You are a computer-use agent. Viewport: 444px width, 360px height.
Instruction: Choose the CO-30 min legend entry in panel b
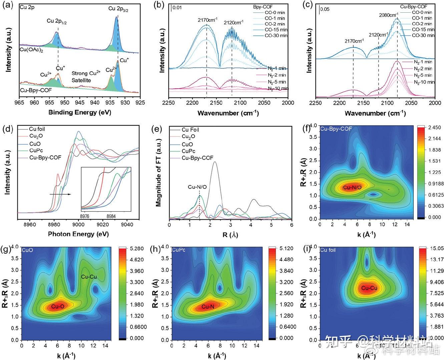pyautogui.click(x=276, y=35)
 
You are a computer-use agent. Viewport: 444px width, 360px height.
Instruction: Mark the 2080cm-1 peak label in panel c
pyautogui.click(x=389, y=15)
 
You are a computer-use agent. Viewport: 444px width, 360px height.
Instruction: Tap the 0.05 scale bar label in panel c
pyautogui.click(x=325, y=9)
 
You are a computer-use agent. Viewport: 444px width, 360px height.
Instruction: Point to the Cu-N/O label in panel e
pyautogui.click(x=197, y=187)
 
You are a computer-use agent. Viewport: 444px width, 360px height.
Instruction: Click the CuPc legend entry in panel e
pyautogui.click(x=188, y=151)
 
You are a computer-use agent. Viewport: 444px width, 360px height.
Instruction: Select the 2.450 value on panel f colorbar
pyautogui.click(x=433, y=128)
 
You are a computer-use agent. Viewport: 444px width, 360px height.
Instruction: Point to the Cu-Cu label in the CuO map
pyautogui.click(x=88, y=276)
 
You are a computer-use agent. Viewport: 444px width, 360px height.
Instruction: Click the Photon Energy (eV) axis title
pyautogui.click(x=78, y=234)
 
